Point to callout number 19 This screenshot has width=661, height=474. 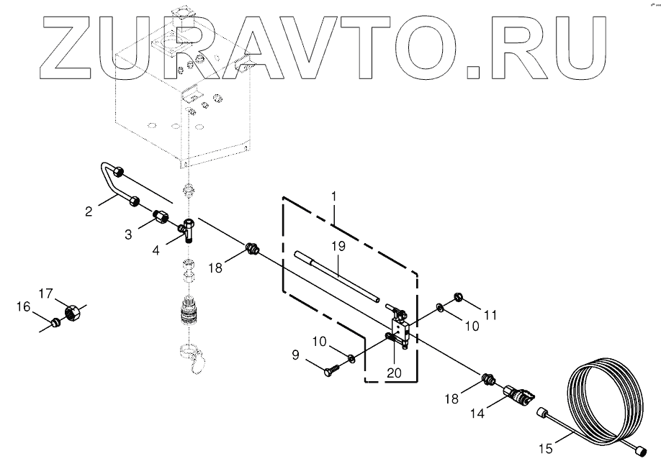[338, 246]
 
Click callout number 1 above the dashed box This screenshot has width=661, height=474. [333, 194]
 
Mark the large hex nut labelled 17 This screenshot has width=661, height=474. [72, 313]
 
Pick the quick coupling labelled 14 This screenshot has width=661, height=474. [518, 393]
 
